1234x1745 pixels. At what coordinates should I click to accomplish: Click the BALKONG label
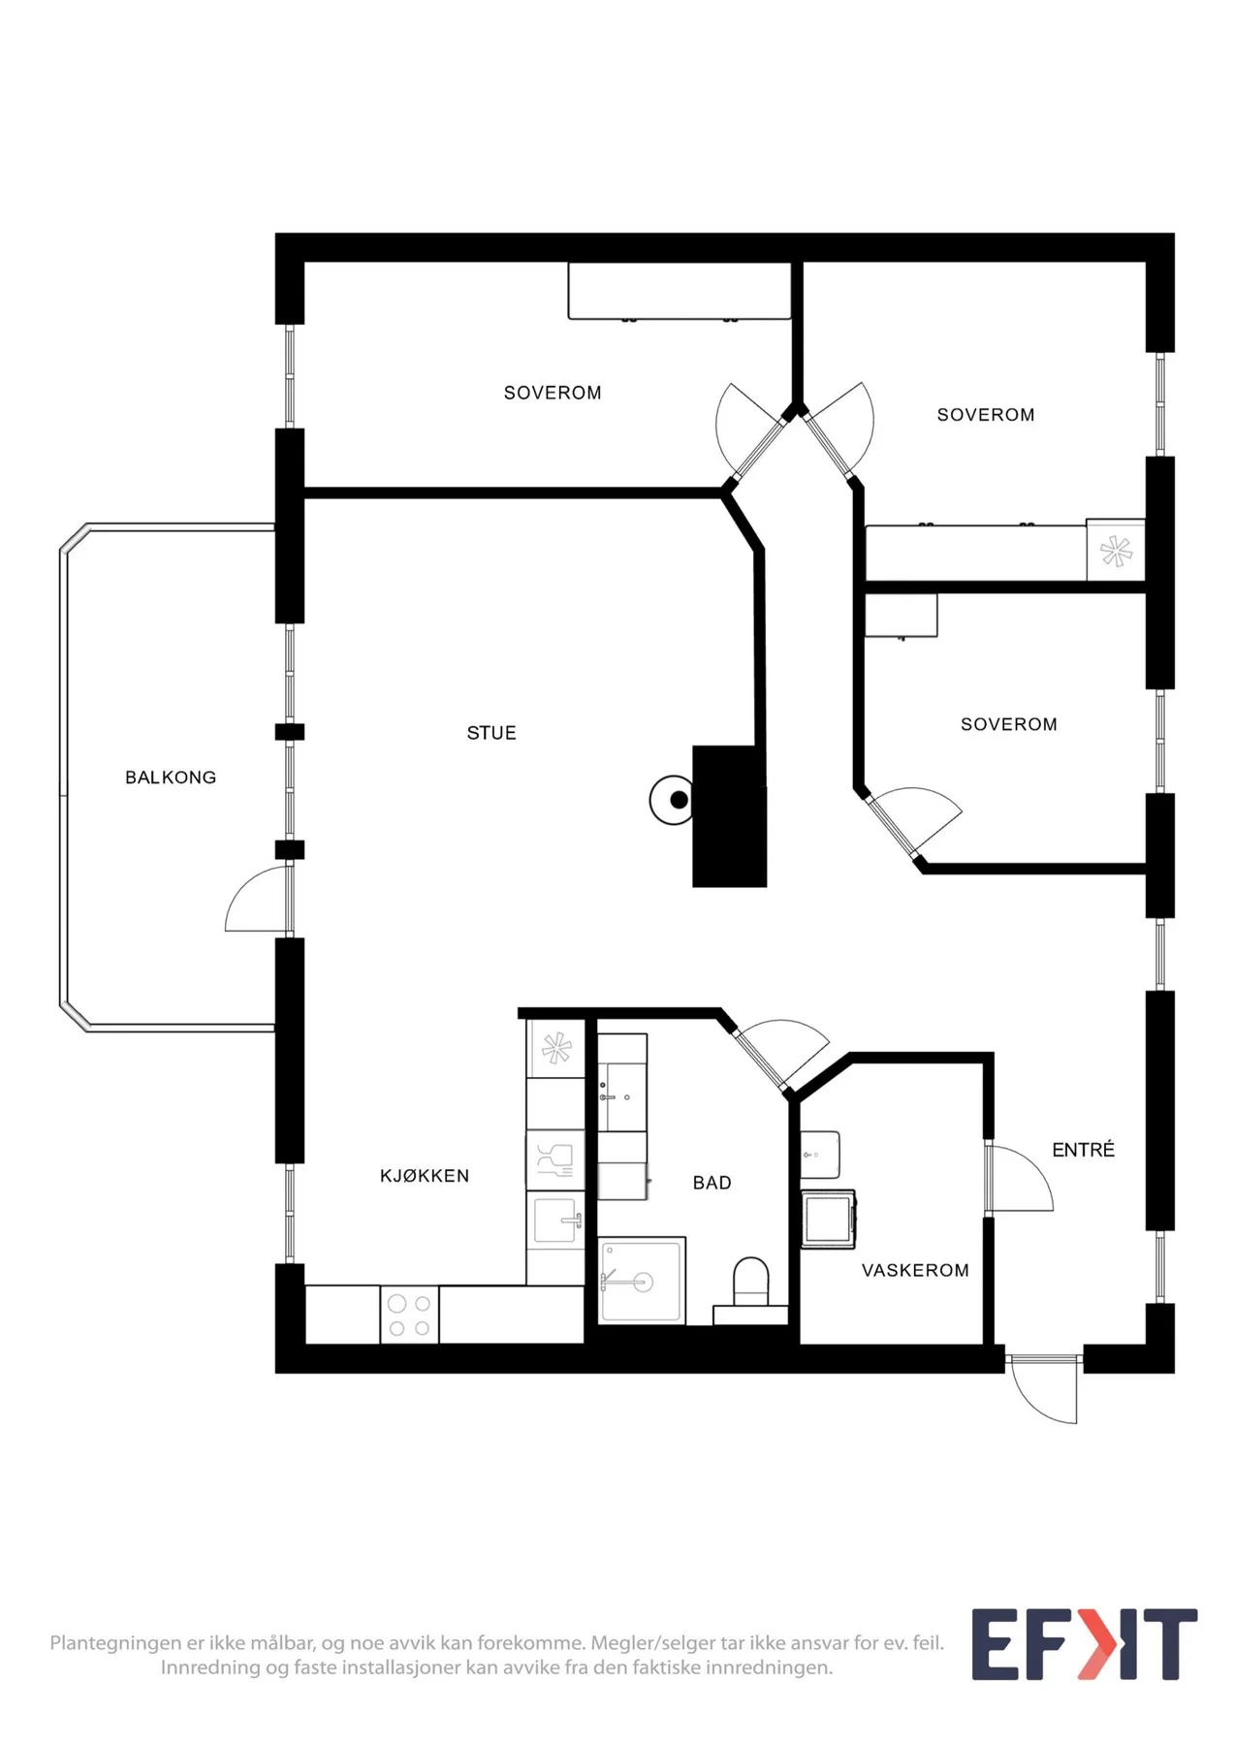(171, 777)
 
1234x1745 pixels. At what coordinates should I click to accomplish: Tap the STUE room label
(491, 733)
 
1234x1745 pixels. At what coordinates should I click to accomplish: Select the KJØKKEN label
(425, 1176)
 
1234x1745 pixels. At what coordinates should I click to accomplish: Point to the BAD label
(712, 1183)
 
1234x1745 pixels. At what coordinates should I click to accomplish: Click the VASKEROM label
(915, 1270)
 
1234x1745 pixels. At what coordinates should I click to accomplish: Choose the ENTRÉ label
(1083, 1150)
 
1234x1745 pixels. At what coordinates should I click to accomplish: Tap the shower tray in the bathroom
(642, 1280)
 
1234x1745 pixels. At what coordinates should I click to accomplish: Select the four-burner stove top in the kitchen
(409, 1315)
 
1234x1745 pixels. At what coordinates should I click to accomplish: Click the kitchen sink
(556, 1221)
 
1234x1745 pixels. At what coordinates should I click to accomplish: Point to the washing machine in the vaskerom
(828, 1220)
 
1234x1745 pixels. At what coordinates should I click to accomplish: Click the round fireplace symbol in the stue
(672, 800)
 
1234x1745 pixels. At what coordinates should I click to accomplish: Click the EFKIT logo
(1085, 1644)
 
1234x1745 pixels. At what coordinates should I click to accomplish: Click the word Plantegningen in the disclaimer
(115, 1643)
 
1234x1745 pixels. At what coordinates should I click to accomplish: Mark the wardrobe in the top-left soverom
(680, 290)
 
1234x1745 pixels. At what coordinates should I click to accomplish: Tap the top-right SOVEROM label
(986, 415)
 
